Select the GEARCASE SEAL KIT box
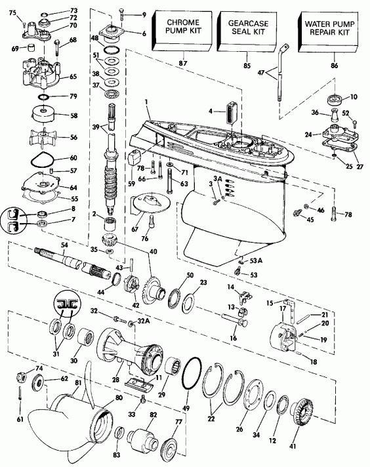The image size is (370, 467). tap(243, 31)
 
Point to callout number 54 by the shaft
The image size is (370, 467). tap(64, 245)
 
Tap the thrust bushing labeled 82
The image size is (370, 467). tap(145, 437)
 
